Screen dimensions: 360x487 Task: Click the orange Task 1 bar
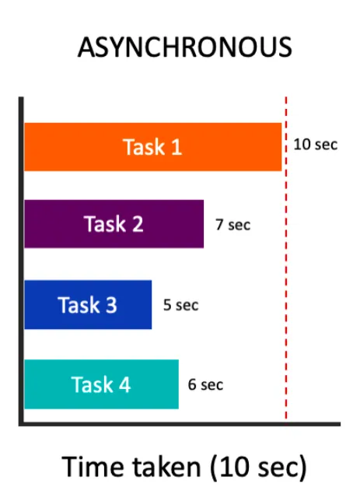point(153,146)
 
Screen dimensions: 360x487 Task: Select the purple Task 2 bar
point(114,224)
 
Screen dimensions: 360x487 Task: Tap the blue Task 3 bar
point(88,305)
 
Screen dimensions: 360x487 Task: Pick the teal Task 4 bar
point(101,384)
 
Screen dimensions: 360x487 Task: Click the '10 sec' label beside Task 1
point(316,145)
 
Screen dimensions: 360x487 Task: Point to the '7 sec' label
point(232,225)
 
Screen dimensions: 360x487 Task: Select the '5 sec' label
point(181,305)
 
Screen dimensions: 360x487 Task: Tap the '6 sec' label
point(205,384)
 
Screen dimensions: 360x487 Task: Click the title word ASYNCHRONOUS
point(184,47)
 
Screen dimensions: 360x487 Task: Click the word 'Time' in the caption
point(95,467)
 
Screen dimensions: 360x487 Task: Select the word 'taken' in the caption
point(166,467)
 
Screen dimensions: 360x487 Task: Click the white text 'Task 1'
point(152,146)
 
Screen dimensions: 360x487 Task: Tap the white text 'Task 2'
point(114,223)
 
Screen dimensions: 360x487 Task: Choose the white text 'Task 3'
point(87,305)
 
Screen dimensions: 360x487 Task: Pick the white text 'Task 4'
point(101,384)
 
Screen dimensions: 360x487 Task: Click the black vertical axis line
point(21,261)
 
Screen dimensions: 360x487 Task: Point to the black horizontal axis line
point(180,424)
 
